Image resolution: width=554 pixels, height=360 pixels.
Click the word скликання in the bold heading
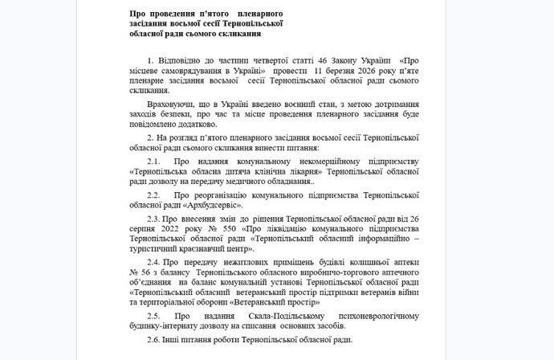click(x=238, y=35)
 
